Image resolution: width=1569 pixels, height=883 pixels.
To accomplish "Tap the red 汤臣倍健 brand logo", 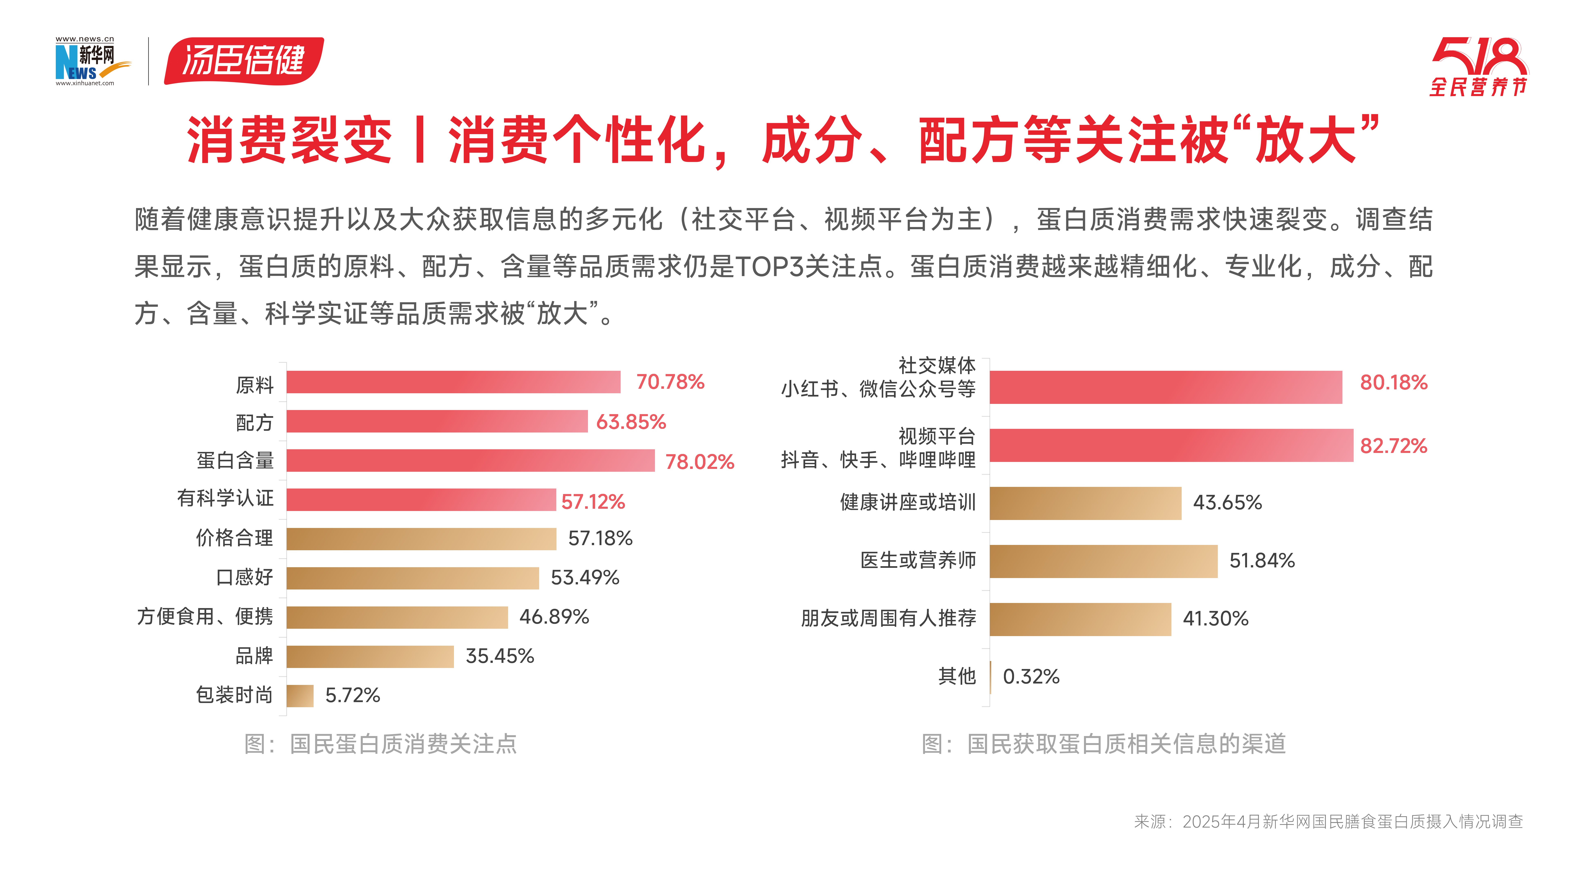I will tap(244, 61).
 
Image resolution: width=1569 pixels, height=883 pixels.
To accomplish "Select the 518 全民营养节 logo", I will tap(1479, 67).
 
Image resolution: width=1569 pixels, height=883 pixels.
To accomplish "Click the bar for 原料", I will tap(453, 382).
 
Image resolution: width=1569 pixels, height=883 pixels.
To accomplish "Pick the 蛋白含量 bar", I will tap(470, 461).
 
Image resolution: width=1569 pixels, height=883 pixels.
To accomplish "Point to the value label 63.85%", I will tap(631, 422).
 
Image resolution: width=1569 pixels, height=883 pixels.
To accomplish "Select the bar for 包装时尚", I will tap(300, 695).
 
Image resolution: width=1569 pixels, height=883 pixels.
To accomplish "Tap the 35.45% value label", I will tap(500, 656).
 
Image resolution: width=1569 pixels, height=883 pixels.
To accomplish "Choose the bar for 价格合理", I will tap(421, 539).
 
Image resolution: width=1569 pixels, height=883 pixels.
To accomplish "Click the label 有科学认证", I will tap(225, 499).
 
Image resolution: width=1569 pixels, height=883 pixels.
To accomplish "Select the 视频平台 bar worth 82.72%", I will tap(1171, 445).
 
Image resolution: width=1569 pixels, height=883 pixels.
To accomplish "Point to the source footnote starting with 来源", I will tap(1328, 821).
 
